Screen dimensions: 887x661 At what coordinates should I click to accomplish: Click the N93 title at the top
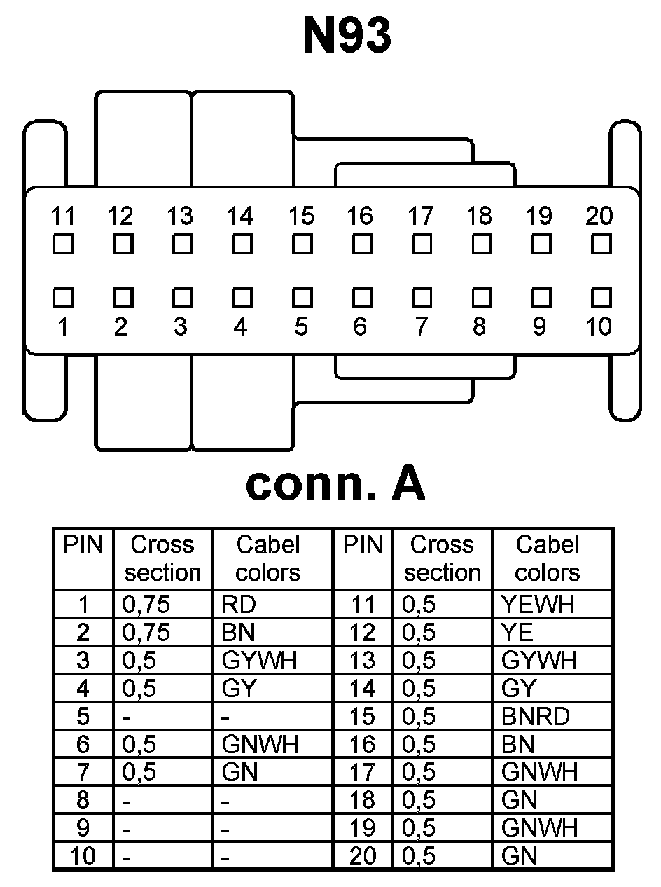[x=347, y=36]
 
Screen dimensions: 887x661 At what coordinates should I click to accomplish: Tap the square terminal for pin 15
[x=302, y=245]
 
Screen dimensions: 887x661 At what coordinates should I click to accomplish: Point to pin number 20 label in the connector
[x=599, y=216]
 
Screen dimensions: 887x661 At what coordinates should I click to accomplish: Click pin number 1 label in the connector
[x=63, y=327]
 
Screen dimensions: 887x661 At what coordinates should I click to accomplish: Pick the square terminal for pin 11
[x=64, y=245]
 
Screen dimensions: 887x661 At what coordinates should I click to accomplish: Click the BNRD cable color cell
[x=536, y=716]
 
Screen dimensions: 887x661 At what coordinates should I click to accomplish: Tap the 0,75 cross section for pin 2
[x=146, y=632]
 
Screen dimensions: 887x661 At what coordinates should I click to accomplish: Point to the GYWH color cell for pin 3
[x=259, y=660]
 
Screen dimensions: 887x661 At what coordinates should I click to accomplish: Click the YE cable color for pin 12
[x=517, y=632]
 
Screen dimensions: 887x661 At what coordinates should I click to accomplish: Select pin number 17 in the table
[x=362, y=772]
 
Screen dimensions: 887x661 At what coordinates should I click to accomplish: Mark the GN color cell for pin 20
[x=520, y=855]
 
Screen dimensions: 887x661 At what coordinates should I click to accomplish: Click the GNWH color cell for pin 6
[x=260, y=744]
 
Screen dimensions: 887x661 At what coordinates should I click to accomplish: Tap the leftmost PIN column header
[x=83, y=544]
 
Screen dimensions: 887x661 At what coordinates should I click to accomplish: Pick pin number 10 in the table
[x=83, y=855]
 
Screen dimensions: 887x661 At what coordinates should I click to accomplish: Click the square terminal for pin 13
[x=183, y=245]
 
